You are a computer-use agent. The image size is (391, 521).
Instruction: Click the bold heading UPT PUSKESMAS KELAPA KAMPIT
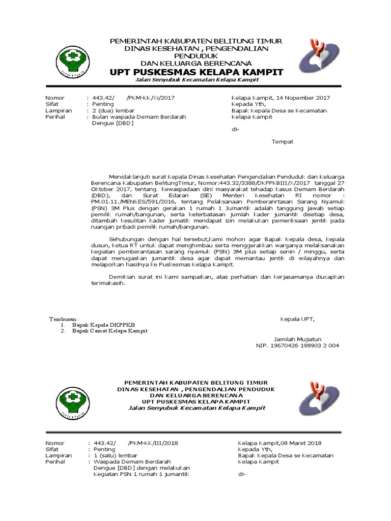coord(197,72)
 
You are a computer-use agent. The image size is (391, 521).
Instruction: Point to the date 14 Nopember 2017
coord(302,98)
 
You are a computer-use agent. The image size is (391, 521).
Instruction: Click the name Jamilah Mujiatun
coord(297,339)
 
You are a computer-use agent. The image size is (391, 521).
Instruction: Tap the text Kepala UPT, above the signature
coord(298,319)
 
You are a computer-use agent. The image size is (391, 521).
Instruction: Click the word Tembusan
coord(63,319)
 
